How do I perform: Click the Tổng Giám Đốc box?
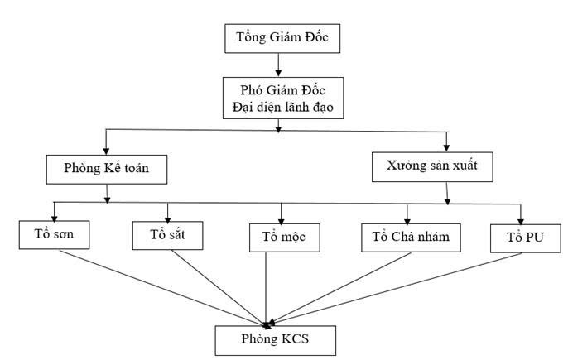[277, 37]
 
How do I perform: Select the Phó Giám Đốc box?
[278, 97]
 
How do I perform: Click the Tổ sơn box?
[54, 233]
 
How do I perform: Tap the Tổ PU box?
[518, 237]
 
